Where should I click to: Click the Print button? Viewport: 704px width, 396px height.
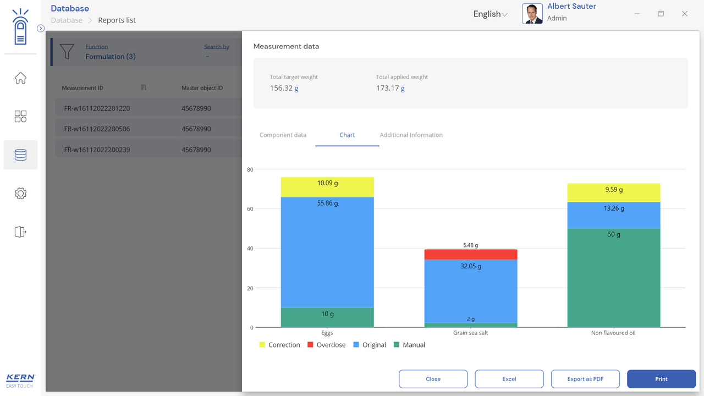[661, 379]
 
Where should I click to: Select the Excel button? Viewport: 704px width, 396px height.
[509, 379]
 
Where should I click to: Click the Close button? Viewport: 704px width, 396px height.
[433, 379]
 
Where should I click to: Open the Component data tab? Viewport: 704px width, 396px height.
[283, 135]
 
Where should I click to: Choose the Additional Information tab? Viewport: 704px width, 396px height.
[411, 135]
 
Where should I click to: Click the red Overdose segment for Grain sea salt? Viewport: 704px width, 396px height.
[471, 254]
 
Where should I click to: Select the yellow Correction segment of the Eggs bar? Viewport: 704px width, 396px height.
[327, 187]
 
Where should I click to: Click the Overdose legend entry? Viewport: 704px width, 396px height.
[326, 345]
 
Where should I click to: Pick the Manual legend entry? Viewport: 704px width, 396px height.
[409, 345]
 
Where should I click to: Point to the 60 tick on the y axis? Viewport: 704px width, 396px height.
[250, 209]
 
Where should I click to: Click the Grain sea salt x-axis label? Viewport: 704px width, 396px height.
[470, 333]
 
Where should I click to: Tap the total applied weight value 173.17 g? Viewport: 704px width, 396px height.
[390, 88]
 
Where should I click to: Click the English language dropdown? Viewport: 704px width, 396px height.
[490, 14]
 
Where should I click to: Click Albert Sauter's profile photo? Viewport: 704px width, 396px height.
[532, 14]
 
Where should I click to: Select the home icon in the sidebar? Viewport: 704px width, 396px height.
[20, 78]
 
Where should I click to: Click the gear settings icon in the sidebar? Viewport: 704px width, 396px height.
[20, 193]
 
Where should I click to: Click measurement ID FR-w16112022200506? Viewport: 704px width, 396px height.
[97, 129]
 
